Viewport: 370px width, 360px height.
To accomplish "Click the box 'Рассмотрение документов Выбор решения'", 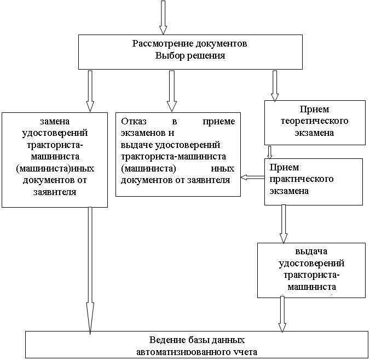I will (190, 52).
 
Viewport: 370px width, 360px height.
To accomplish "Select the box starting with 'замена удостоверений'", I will (54, 159).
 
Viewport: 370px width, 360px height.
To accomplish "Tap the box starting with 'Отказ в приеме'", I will (178, 153).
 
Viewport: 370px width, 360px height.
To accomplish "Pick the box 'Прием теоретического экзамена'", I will (314, 122).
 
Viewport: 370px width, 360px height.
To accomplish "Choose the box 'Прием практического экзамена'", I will (313, 181).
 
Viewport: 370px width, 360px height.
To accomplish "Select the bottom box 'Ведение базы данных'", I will (196, 345).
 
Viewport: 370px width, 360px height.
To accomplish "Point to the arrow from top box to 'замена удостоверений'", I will (90, 90).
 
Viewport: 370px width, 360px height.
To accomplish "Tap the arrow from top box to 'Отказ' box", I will (171, 90).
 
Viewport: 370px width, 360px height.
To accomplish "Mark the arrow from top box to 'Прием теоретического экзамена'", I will (275, 85).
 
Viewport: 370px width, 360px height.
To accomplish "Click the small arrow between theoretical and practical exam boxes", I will (270, 152).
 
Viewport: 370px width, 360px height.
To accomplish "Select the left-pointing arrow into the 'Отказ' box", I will (252, 176).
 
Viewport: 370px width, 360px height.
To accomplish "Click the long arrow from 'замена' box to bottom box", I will (90, 268).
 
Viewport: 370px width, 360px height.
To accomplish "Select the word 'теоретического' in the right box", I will (314, 121).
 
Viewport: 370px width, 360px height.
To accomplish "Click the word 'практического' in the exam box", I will (302, 179).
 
